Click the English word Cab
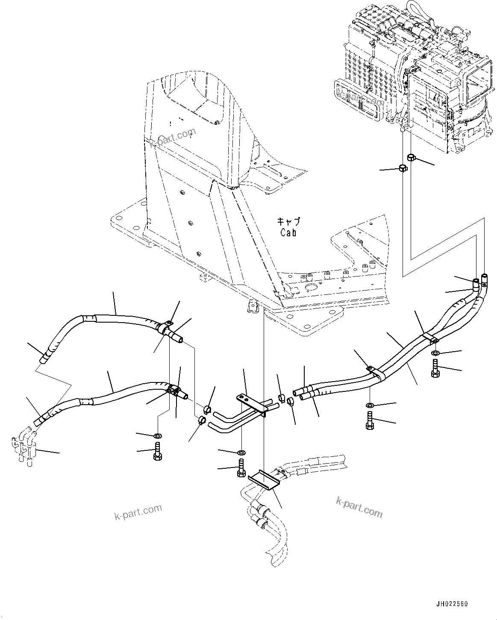tap(288, 232)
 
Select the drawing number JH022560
tap(452, 604)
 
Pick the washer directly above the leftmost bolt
tap(157, 435)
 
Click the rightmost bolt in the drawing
tap(435, 367)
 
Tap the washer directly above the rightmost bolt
tap(435, 353)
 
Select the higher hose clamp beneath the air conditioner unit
tap(411, 158)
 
